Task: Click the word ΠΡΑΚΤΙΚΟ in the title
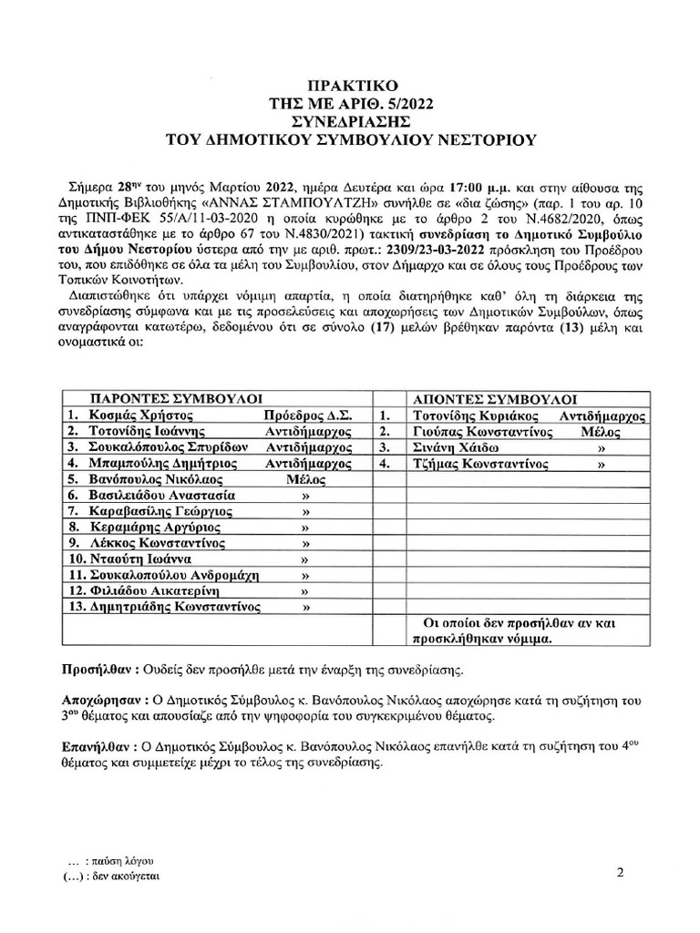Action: point(351,85)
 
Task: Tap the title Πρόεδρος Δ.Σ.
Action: point(302,415)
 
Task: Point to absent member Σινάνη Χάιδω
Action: point(451,447)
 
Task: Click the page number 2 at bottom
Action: point(620,873)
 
